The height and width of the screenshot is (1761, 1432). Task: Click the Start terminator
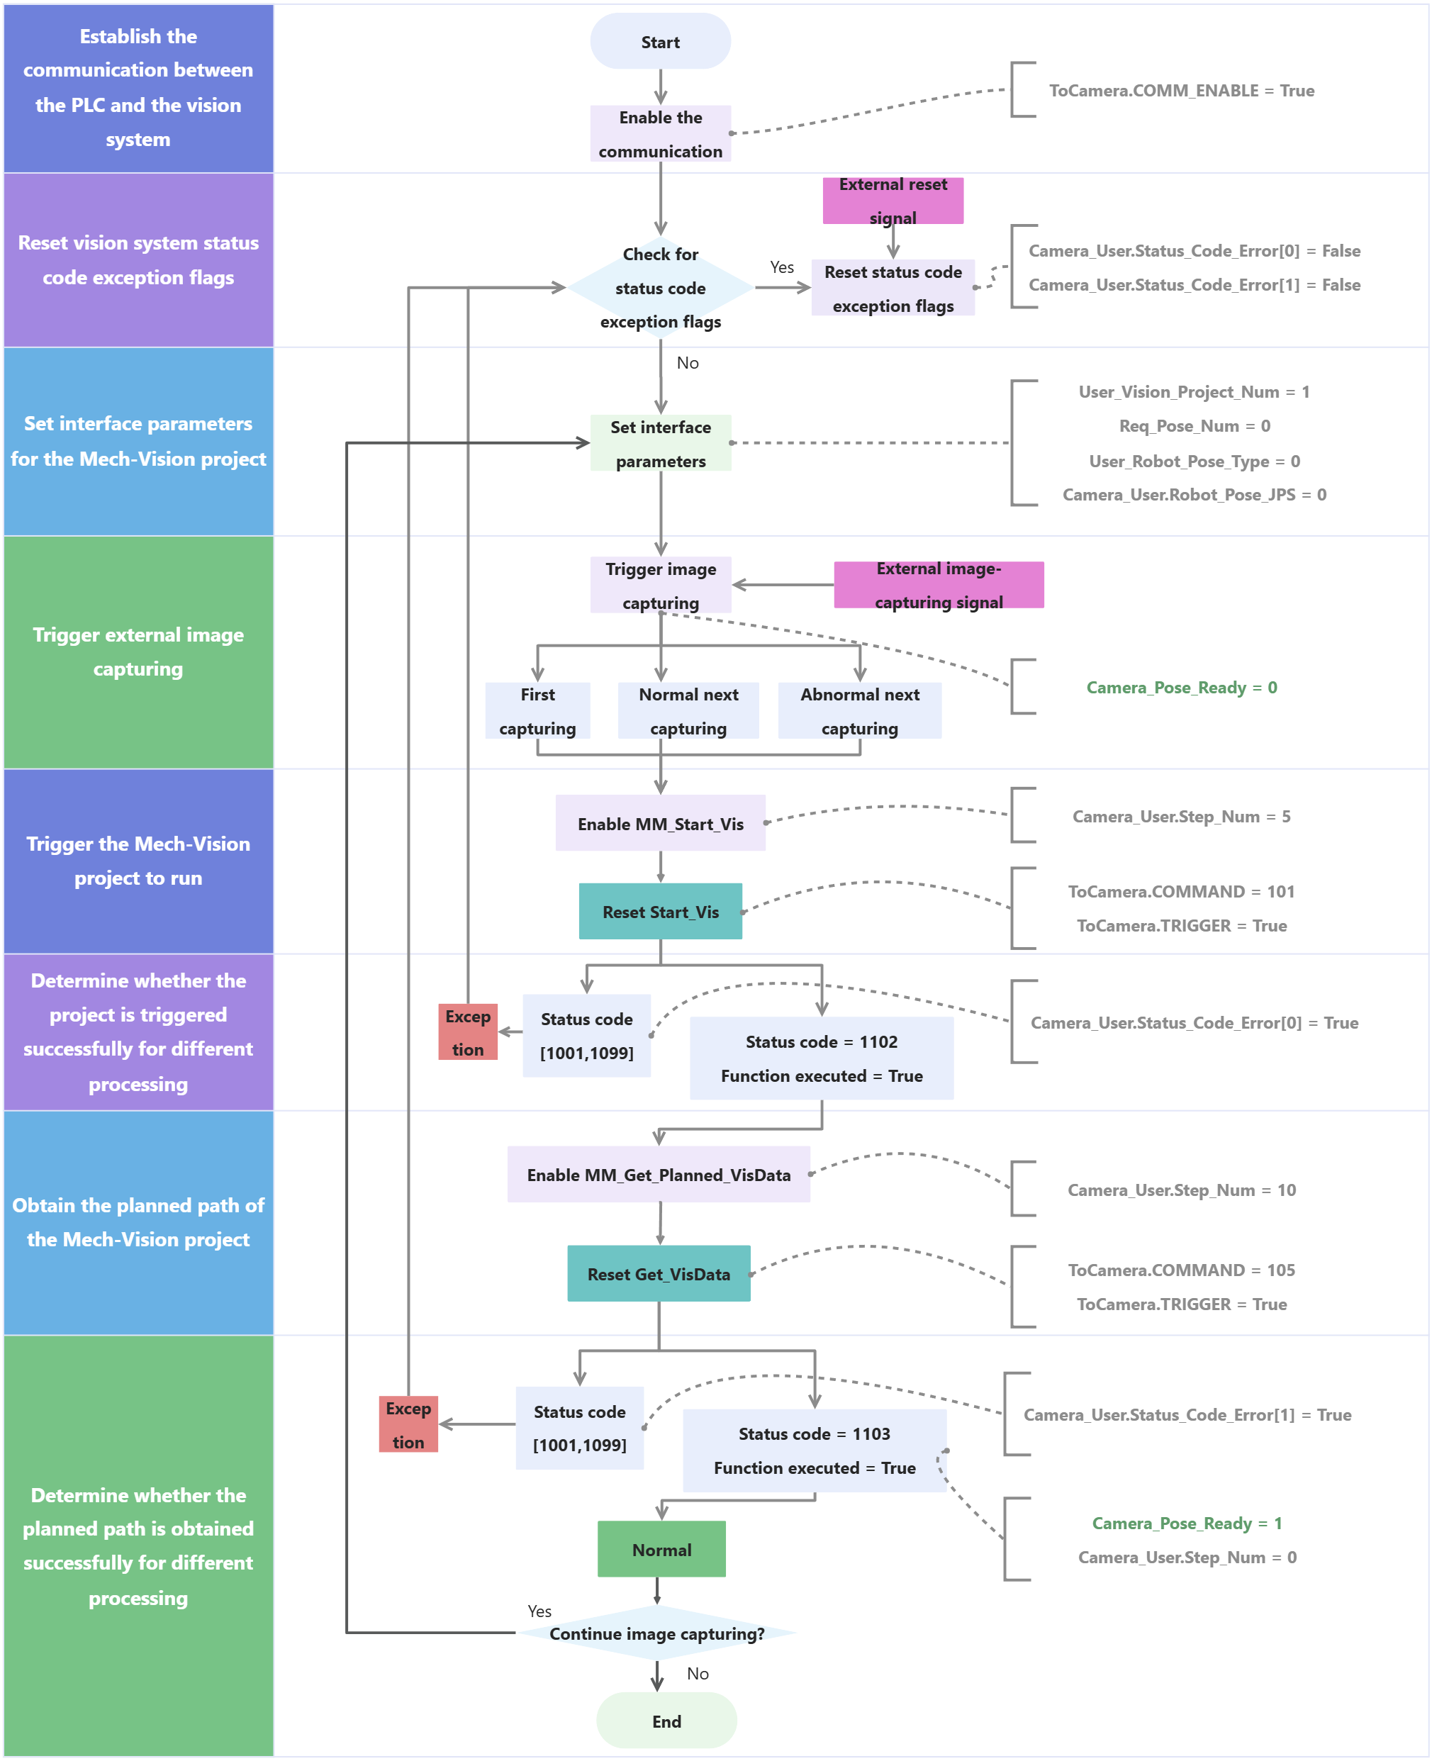pyautogui.click(x=660, y=41)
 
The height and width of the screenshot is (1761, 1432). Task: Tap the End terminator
pyautogui.click(x=666, y=1721)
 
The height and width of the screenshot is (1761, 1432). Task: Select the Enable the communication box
pyautogui.click(x=660, y=133)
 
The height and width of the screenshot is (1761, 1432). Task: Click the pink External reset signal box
pyautogui.click(x=893, y=201)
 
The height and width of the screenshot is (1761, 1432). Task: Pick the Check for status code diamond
pyautogui.click(x=660, y=288)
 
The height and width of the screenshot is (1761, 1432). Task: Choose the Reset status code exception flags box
pyautogui.click(x=893, y=288)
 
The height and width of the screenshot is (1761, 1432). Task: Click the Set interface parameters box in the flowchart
pyautogui.click(x=661, y=443)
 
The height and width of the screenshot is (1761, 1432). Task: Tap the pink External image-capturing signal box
pyautogui.click(x=939, y=585)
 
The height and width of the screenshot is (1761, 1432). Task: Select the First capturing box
pyautogui.click(x=537, y=710)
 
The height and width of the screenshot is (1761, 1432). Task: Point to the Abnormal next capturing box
pyautogui.click(x=859, y=710)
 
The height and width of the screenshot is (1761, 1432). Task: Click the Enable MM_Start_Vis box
pyautogui.click(x=660, y=823)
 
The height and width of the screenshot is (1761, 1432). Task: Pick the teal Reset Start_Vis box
pyautogui.click(x=660, y=912)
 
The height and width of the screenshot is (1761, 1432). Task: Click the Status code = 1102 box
pyautogui.click(x=822, y=1058)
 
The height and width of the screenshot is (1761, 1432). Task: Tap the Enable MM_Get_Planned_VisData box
pyautogui.click(x=659, y=1175)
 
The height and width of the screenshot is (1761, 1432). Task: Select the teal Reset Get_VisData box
pyautogui.click(x=659, y=1273)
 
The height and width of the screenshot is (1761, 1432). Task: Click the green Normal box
pyautogui.click(x=661, y=1549)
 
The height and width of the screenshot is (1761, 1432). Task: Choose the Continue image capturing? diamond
pyautogui.click(x=656, y=1633)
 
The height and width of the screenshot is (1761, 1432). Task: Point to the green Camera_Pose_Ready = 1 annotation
pyautogui.click(x=1186, y=1523)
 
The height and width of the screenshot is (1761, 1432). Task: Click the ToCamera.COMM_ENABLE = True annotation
pyautogui.click(x=1181, y=91)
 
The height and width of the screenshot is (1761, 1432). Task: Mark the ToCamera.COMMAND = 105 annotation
pyautogui.click(x=1181, y=1270)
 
